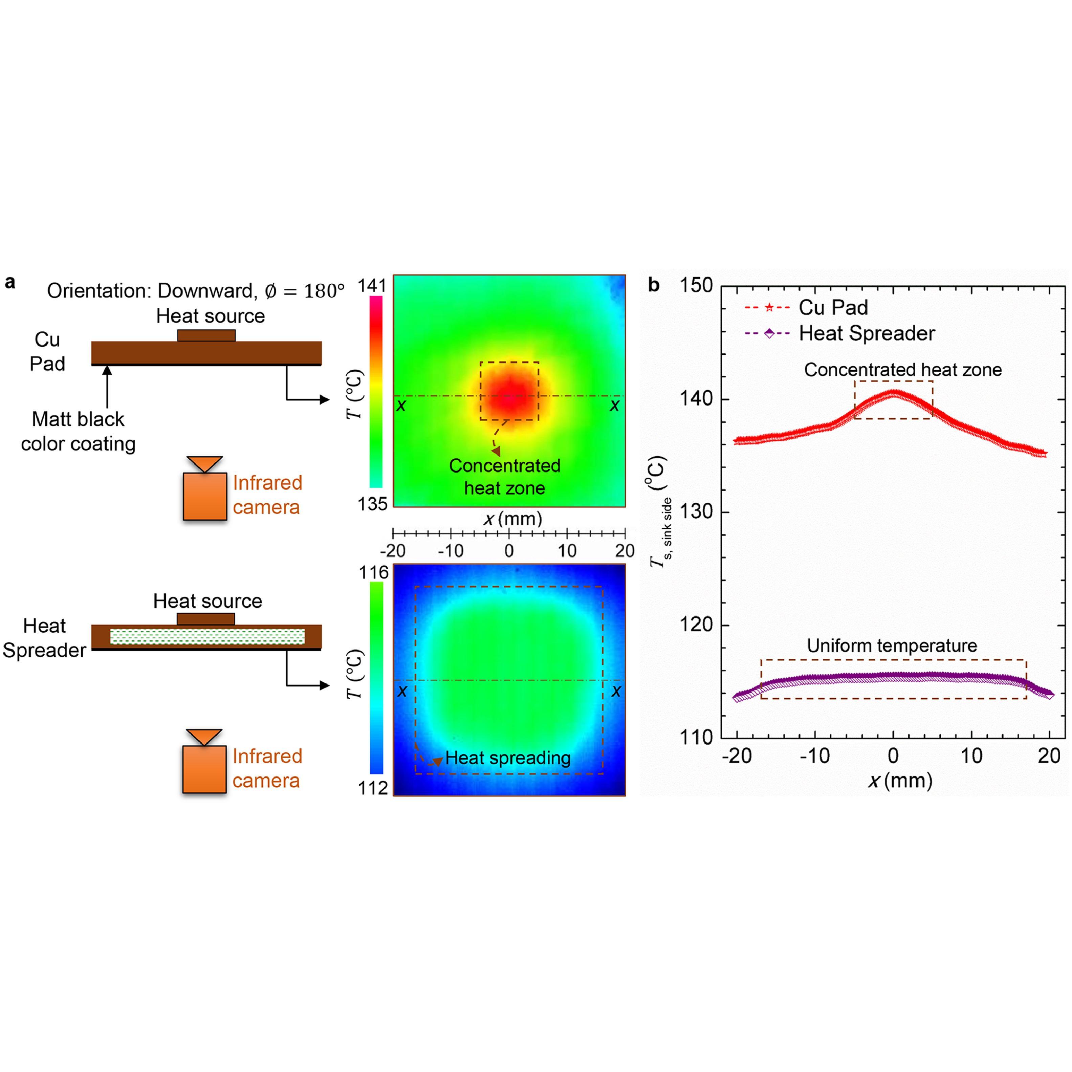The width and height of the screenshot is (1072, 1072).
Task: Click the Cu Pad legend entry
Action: click(x=832, y=307)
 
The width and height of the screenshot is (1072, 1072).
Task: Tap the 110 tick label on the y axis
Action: click(x=696, y=738)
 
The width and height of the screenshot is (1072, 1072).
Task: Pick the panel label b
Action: click(x=654, y=285)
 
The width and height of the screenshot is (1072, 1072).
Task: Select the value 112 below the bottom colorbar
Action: click(x=373, y=788)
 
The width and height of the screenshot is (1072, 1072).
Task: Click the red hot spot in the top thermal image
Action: click(x=509, y=395)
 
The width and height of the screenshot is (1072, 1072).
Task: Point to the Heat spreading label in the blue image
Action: click(x=508, y=758)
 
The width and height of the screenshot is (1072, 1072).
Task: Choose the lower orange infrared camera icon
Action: click(x=205, y=768)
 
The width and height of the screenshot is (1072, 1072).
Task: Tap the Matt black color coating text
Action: click(x=78, y=431)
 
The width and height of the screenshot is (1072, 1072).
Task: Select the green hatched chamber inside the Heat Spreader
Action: click(x=207, y=636)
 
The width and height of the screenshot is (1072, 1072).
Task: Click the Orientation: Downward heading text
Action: click(x=195, y=291)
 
